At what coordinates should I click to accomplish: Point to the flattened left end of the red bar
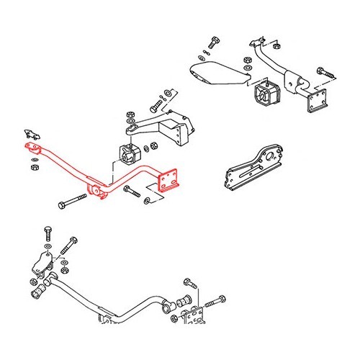pyautogui.click(x=30, y=147)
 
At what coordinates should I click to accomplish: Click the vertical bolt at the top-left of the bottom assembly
pyautogui.click(x=48, y=237)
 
